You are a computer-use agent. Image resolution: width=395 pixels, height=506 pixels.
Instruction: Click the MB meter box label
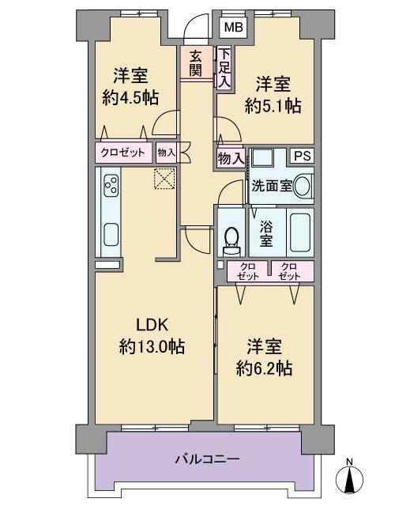pyautogui.click(x=234, y=28)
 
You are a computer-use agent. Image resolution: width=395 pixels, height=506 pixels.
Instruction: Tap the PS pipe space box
pyautogui.click(x=303, y=157)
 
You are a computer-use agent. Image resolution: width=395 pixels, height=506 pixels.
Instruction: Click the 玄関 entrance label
pyautogui.click(x=195, y=63)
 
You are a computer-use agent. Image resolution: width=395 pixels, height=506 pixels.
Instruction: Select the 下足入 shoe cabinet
pyautogui.click(x=224, y=68)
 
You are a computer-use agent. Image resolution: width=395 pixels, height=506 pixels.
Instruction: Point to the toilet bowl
pyautogui.click(x=231, y=239)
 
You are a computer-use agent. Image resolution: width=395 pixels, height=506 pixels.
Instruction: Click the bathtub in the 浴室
pyautogui.click(x=300, y=232)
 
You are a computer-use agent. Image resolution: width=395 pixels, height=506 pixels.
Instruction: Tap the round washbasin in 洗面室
pyautogui.click(x=303, y=186)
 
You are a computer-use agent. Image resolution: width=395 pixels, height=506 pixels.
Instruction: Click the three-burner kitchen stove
pyautogui.click(x=111, y=184)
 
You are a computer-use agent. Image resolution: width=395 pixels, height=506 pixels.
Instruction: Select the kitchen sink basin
pyautogui.click(x=111, y=235)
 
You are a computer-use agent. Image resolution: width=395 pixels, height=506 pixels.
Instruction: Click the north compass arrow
pyautogui.click(x=349, y=479)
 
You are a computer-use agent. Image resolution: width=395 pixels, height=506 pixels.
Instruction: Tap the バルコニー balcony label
pyautogui.click(x=207, y=459)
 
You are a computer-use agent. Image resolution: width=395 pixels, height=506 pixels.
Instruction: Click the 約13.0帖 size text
pyautogui.click(x=152, y=347)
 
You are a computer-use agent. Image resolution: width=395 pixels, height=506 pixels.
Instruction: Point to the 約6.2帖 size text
pyautogui.click(x=264, y=368)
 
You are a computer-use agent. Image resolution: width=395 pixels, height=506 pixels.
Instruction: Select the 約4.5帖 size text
pyautogui.click(x=130, y=97)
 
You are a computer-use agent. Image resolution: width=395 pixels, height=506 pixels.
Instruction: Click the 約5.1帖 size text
pyautogui.click(x=273, y=106)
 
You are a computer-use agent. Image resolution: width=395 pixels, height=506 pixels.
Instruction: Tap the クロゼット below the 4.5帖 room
pyautogui.click(x=123, y=153)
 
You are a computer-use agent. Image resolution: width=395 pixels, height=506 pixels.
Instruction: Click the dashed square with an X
pyautogui.click(x=164, y=179)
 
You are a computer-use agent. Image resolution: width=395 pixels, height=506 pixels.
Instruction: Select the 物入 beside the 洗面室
pyautogui.click(x=231, y=158)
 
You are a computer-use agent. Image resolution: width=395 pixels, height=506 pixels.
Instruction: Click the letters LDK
pyautogui.click(x=152, y=325)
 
